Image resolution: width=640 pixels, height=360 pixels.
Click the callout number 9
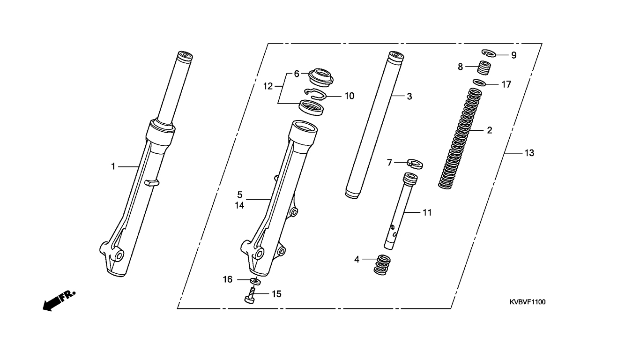[x=513, y=55]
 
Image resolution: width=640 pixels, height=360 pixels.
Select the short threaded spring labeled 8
[x=484, y=68]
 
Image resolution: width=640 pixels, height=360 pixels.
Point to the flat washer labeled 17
[x=479, y=82]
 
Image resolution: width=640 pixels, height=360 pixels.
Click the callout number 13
[x=529, y=153]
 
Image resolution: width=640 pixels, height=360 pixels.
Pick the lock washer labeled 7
[x=415, y=164]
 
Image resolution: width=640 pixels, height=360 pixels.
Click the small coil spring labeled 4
[x=382, y=265]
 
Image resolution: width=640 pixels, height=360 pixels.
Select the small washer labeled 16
[x=255, y=281]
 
